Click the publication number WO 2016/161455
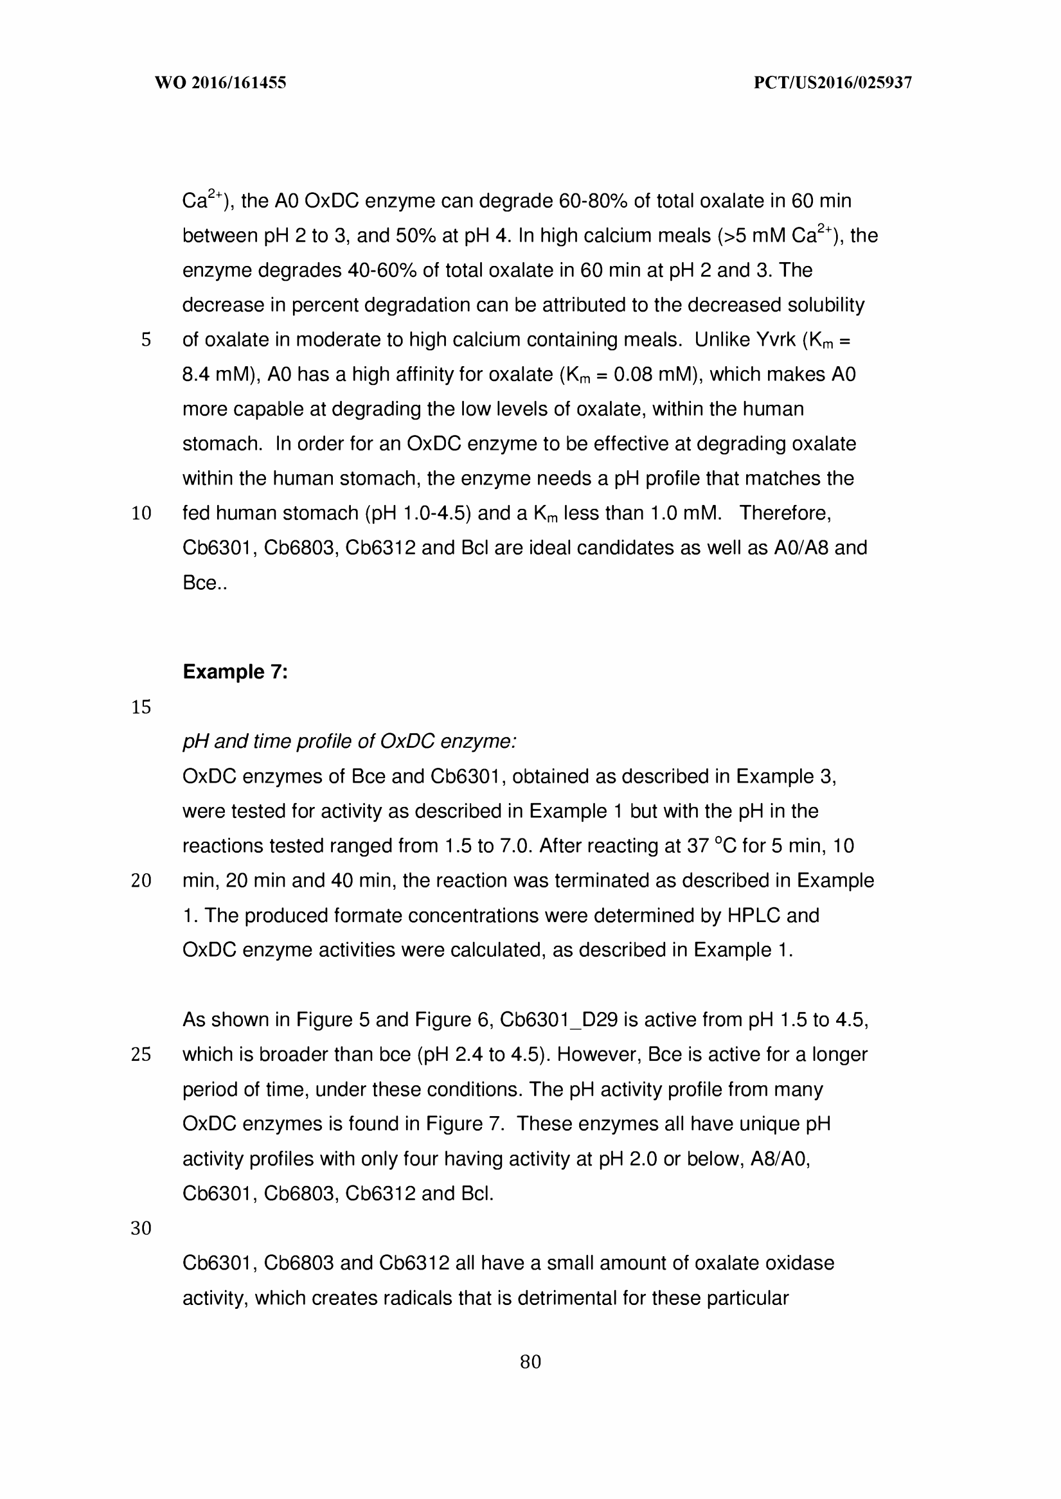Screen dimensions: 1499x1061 tap(220, 83)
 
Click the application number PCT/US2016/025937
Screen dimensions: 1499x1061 tap(832, 83)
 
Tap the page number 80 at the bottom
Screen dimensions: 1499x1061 tap(531, 1362)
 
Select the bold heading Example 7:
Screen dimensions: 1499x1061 tap(235, 671)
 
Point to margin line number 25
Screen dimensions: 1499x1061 tap(141, 1055)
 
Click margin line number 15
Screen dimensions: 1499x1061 tap(141, 707)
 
